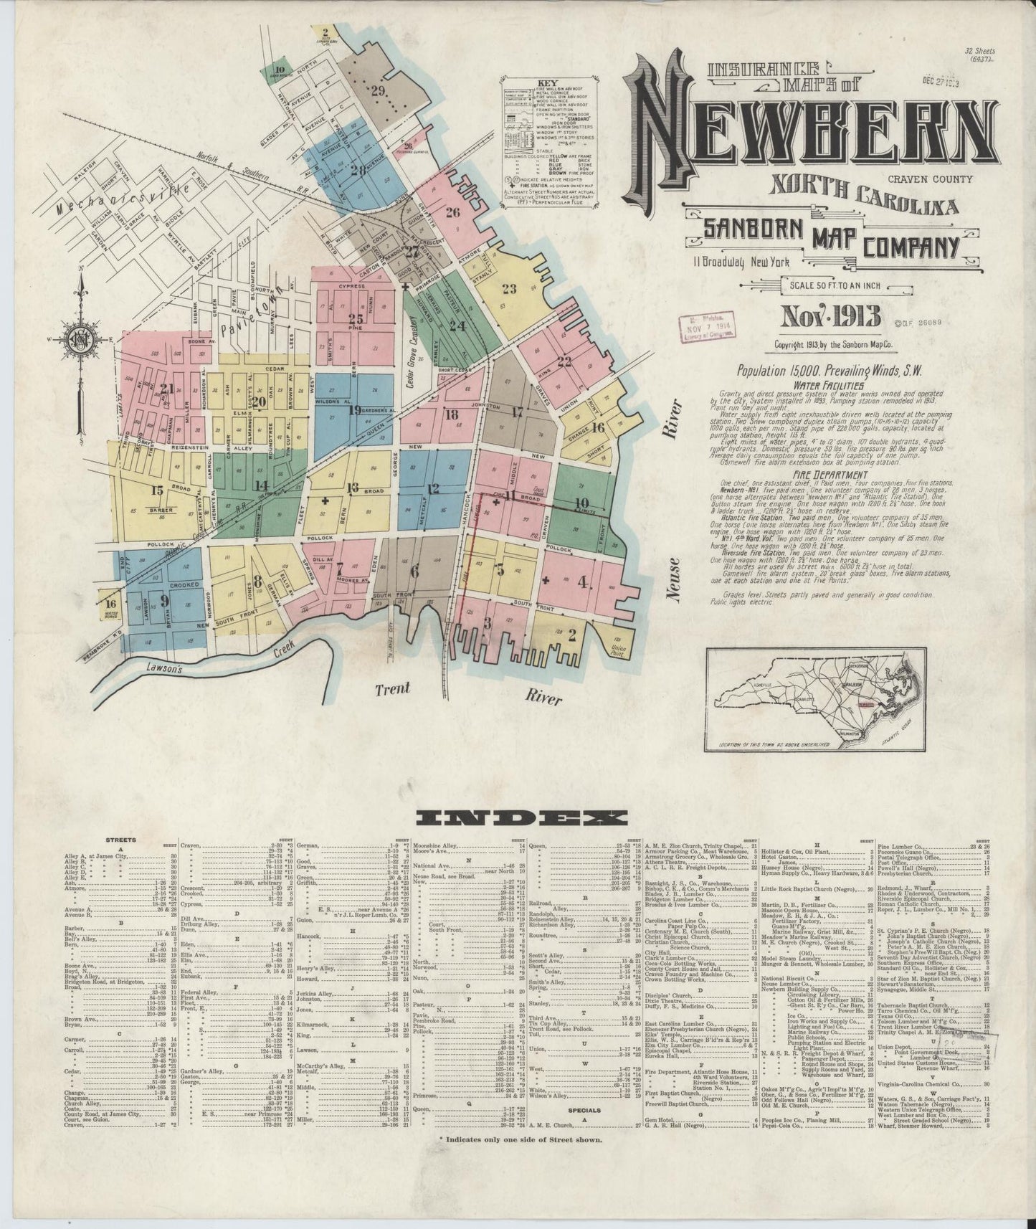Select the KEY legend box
tap(548, 143)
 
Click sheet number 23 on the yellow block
tap(510, 290)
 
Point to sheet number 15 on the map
tap(157, 490)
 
